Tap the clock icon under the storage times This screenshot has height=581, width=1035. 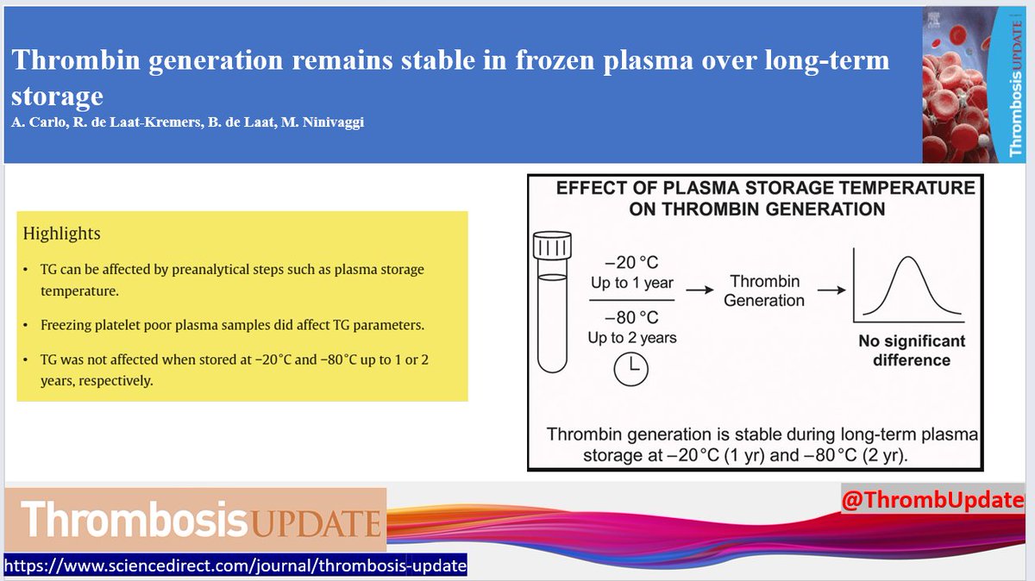tap(631, 368)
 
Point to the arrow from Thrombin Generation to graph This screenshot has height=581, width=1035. tap(831, 290)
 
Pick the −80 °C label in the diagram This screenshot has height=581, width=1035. tap(632, 317)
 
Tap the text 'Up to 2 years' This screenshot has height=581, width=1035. tap(632, 338)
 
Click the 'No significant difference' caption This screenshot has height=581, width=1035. tap(911, 351)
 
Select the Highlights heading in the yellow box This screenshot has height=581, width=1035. tap(61, 234)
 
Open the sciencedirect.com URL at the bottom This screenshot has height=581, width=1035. tap(235, 566)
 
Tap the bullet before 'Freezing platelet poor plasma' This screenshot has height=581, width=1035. tap(27, 326)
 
